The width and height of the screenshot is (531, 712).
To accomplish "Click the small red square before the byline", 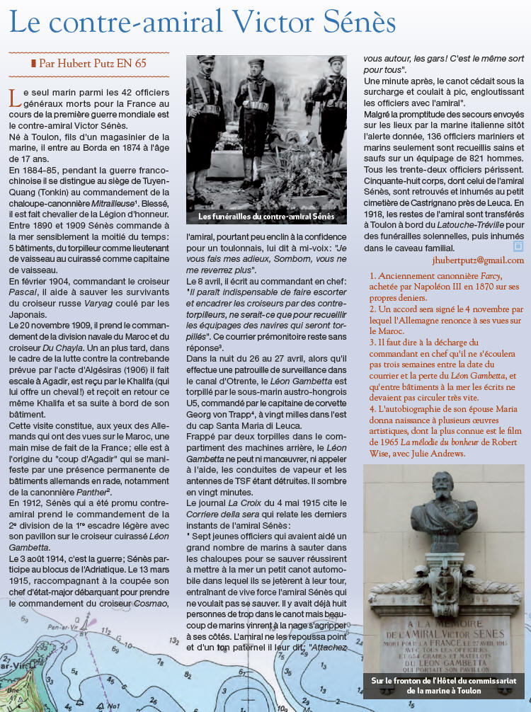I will click(33, 63).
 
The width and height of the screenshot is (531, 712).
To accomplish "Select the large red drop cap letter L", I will click(13, 98).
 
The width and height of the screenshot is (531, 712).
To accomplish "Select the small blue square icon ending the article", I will click(518, 246).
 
